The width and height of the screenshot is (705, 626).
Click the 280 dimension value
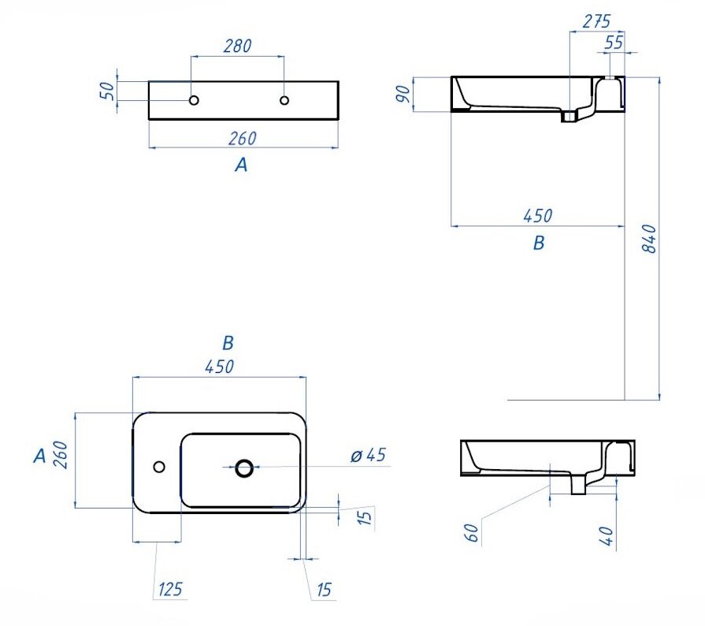[237, 46]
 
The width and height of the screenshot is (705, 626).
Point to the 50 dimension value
[107, 91]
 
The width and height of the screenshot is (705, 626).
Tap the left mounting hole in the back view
[194, 100]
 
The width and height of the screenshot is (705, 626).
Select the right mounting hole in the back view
[284, 100]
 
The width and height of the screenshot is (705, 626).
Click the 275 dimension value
[596, 21]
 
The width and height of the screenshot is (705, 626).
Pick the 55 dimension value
[614, 43]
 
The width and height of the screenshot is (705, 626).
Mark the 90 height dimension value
[404, 94]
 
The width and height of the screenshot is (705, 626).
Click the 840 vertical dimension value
[651, 239]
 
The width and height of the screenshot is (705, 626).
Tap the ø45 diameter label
[368, 455]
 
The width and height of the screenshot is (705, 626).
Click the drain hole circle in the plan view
[244, 468]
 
